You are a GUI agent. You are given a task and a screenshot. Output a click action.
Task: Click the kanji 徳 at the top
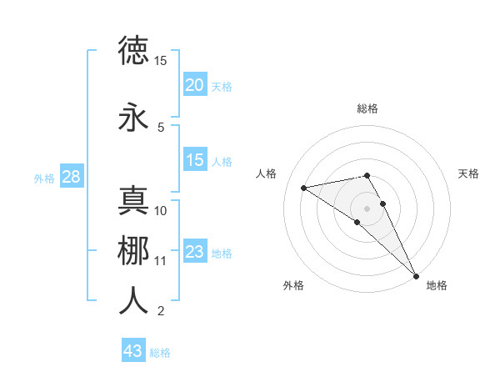[134, 51]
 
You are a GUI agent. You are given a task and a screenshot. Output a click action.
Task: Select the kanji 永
[134, 118]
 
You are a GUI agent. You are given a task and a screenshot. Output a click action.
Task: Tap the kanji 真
[134, 201]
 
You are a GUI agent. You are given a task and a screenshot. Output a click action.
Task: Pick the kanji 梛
[134, 251]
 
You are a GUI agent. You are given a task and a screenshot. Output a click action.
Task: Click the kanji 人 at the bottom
[134, 301]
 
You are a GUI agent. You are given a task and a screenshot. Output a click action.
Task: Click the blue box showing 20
[195, 85]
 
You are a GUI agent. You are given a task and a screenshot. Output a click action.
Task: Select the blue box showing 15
[195, 160]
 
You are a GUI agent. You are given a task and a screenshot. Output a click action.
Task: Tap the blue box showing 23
[195, 252]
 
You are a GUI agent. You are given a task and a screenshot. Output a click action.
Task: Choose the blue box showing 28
[71, 177]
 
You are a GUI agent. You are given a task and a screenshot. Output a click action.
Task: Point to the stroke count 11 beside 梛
[161, 261]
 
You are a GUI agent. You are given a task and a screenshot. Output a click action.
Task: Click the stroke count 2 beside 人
[161, 311]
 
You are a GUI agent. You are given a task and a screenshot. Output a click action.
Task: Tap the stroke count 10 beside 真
[161, 211]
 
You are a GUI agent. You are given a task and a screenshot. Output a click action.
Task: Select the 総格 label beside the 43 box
[160, 353]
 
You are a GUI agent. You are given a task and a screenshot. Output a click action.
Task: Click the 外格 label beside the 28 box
[44, 178]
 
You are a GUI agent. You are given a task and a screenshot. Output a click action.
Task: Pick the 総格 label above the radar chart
[367, 108]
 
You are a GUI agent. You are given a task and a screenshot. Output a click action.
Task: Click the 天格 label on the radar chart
[468, 173]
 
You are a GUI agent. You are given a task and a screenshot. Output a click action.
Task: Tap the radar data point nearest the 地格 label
[417, 274]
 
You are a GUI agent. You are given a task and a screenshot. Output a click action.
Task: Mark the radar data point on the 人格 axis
[304, 188]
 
